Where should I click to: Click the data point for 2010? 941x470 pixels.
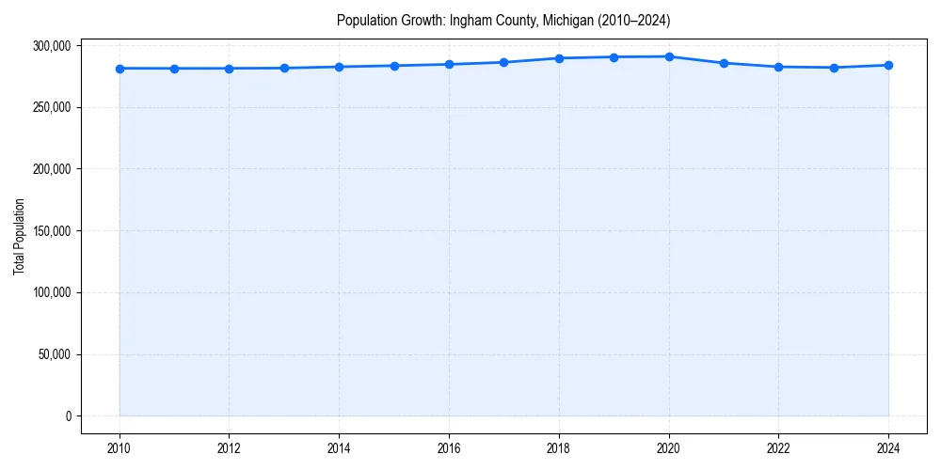point(120,69)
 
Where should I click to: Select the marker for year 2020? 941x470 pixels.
point(669,56)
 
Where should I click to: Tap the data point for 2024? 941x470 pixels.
point(888,65)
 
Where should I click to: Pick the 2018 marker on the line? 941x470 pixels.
point(559,58)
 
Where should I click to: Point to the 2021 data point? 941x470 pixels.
point(724,63)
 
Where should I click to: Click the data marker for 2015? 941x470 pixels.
point(394,66)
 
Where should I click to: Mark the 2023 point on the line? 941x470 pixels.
point(834,68)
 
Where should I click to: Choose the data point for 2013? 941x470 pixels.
point(284,68)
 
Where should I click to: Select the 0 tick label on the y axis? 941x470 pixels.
point(68,416)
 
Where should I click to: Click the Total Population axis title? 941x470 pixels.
point(19,237)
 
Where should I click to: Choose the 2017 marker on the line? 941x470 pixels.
point(504,62)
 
